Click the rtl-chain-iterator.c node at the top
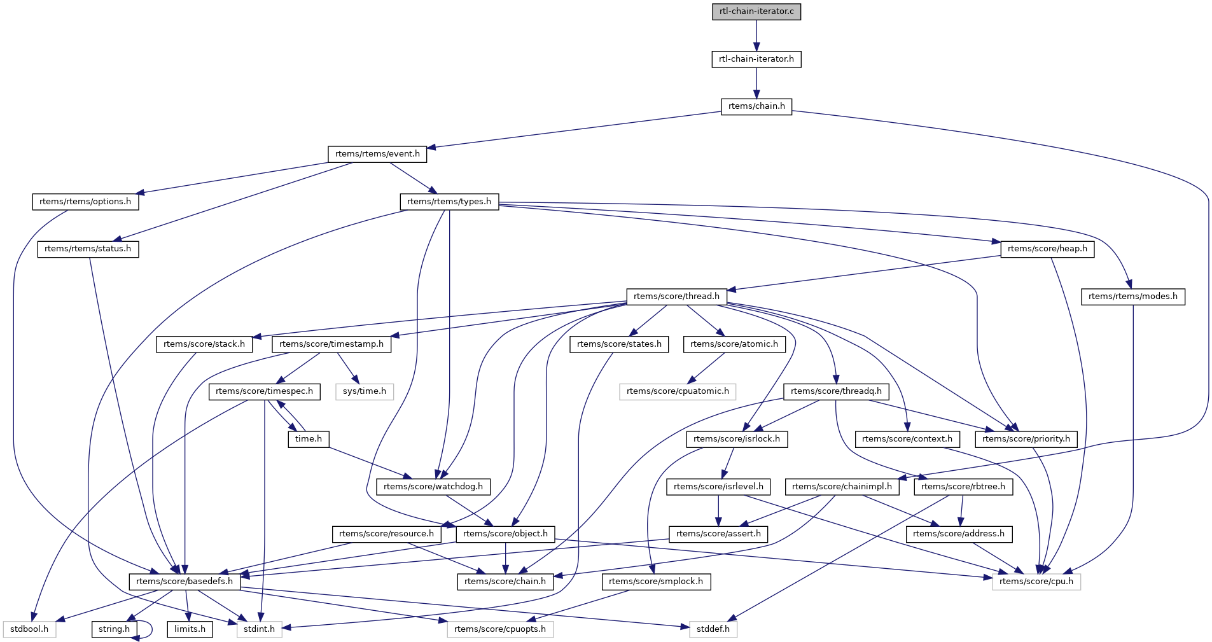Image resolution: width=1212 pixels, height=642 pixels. pyautogui.click(x=756, y=11)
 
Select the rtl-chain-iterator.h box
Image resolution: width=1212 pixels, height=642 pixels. pyautogui.click(x=756, y=59)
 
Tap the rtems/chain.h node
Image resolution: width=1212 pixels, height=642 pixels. pyautogui.click(x=756, y=106)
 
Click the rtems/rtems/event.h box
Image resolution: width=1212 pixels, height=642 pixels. pyautogui.click(x=377, y=154)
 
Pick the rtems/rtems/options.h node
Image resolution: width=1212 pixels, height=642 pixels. pyautogui.click(x=85, y=202)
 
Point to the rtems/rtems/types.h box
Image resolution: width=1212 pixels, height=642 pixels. pyautogui.click(x=449, y=202)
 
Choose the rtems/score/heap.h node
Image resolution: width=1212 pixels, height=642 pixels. pyautogui.click(x=1047, y=249)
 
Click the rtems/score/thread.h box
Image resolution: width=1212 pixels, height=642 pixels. pyautogui.click(x=676, y=297)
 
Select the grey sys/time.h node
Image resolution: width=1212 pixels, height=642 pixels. pyautogui.click(x=365, y=391)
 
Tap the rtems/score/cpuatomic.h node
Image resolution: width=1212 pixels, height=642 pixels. pyautogui.click(x=678, y=391)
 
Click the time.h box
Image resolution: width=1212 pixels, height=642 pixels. pyautogui.click(x=309, y=439)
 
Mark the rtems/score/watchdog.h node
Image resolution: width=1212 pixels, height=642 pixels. pyautogui.click(x=433, y=487)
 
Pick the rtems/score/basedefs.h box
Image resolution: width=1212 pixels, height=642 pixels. pyautogui.click(x=185, y=582)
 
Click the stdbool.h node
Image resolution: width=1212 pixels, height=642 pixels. pyautogui.click(x=29, y=629)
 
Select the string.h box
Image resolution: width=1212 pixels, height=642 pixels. pyautogui.click(x=115, y=629)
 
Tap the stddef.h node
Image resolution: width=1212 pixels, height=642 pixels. pyautogui.click(x=713, y=629)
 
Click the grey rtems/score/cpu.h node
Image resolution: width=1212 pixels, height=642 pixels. pyautogui.click(x=1036, y=582)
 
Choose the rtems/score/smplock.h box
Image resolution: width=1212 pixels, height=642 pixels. pyautogui.click(x=656, y=582)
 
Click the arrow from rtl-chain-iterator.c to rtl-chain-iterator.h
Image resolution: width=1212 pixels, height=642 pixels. pyautogui.click(x=756, y=35)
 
